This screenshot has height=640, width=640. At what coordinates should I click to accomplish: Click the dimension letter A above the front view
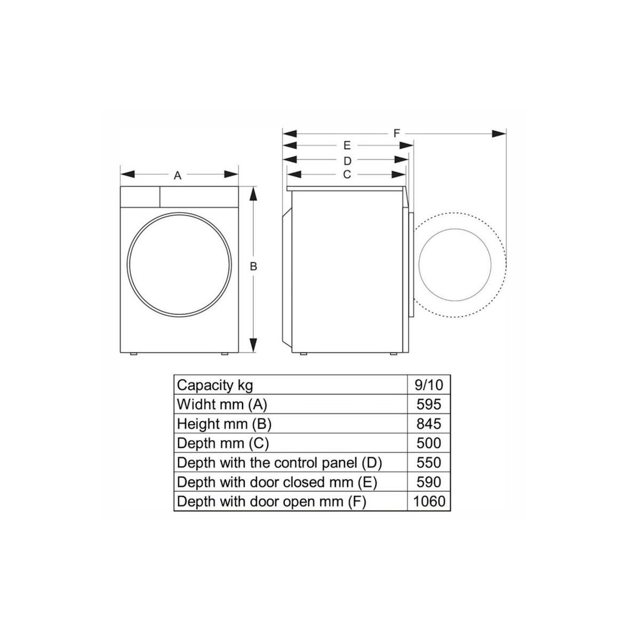(x=178, y=175)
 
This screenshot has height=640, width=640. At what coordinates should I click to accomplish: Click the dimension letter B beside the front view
(x=254, y=267)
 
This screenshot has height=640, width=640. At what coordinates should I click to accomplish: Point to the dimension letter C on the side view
(x=347, y=174)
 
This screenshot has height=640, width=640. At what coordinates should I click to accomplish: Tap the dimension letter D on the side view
(x=347, y=161)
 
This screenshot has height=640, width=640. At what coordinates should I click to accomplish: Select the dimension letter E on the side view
(x=347, y=146)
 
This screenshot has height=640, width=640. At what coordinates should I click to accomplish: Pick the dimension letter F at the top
(x=396, y=133)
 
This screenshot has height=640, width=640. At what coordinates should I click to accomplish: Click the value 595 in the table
(x=429, y=404)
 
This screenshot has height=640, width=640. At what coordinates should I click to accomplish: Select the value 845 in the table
(x=429, y=424)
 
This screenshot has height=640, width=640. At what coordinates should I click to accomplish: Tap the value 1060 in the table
(x=429, y=501)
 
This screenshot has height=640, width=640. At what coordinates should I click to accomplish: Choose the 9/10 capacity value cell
(x=429, y=385)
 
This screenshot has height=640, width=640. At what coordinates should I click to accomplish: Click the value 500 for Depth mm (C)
(x=429, y=443)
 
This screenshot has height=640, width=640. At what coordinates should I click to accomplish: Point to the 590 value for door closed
(x=429, y=482)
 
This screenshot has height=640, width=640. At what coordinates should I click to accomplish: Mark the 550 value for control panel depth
(x=429, y=462)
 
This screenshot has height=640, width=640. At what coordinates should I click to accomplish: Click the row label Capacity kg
(x=215, y=385)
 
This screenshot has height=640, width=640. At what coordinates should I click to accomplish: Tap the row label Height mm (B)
(x=224, y=424)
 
